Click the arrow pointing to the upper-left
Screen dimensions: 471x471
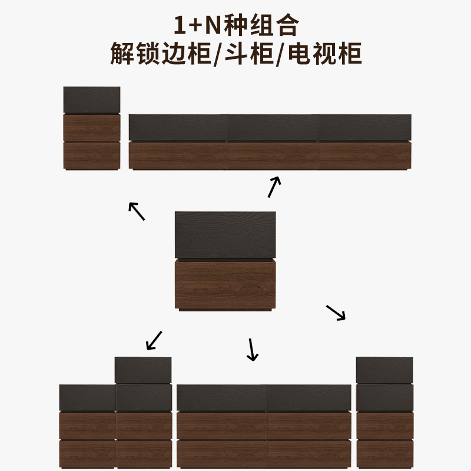[x=137, y=211]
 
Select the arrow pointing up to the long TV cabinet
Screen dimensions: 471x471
[x=274, y=187]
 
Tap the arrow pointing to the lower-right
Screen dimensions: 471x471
[x=336, y=313]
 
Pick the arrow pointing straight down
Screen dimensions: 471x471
[x=252, y=350]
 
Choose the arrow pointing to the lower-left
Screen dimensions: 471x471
[x=154, y=341]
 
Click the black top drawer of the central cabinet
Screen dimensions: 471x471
[x=225, y=234]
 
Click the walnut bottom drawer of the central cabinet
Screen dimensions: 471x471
[x=225, y=284]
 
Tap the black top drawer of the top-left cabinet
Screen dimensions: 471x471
[x=92, y=99]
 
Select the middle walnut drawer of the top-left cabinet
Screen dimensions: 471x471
[x=92, y=127]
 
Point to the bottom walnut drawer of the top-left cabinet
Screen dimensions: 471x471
[x=92, y=155]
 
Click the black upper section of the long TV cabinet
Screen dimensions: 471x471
[x=270, y=127]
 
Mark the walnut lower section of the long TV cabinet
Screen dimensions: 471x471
[x=270, y=156]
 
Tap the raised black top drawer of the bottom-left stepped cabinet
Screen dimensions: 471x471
[x=143, y=370]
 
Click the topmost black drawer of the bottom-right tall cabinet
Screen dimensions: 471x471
[x=384, y=370]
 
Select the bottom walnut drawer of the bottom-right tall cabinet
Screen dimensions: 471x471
[x=384, y=454]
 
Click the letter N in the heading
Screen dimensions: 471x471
[x=213, y=25]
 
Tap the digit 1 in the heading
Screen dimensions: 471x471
[x=179, y=25]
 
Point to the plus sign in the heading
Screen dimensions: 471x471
[x=195, y=25]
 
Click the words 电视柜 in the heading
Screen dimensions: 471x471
[x=325, y=54]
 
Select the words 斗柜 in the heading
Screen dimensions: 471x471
[x=249, y=54]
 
